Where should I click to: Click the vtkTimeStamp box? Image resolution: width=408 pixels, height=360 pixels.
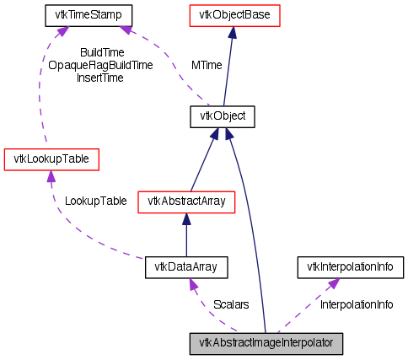click(x=83, y=15)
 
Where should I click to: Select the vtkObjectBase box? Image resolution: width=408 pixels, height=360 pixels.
click(x=232, y=15)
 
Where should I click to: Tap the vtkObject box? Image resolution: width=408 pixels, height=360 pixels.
click(x=223, y=115)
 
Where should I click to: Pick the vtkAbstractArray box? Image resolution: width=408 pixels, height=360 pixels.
click(x=185, y=201)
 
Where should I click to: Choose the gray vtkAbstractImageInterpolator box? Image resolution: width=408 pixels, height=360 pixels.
click(x=266, y=342)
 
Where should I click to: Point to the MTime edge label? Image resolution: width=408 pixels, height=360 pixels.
click(x=207, y=64)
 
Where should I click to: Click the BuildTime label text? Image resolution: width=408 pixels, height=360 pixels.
click(x=101, y=52)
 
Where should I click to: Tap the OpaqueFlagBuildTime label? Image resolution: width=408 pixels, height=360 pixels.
click(x=100, y=65)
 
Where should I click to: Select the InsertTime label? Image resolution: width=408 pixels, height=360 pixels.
click(x=100, y=78)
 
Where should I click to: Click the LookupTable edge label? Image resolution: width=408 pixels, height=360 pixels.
click(x=96, y=201)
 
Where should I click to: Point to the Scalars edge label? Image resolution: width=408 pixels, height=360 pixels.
click(x=230, y=304)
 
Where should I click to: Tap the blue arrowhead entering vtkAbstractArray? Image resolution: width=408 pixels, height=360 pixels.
click(x=185, y=218)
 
